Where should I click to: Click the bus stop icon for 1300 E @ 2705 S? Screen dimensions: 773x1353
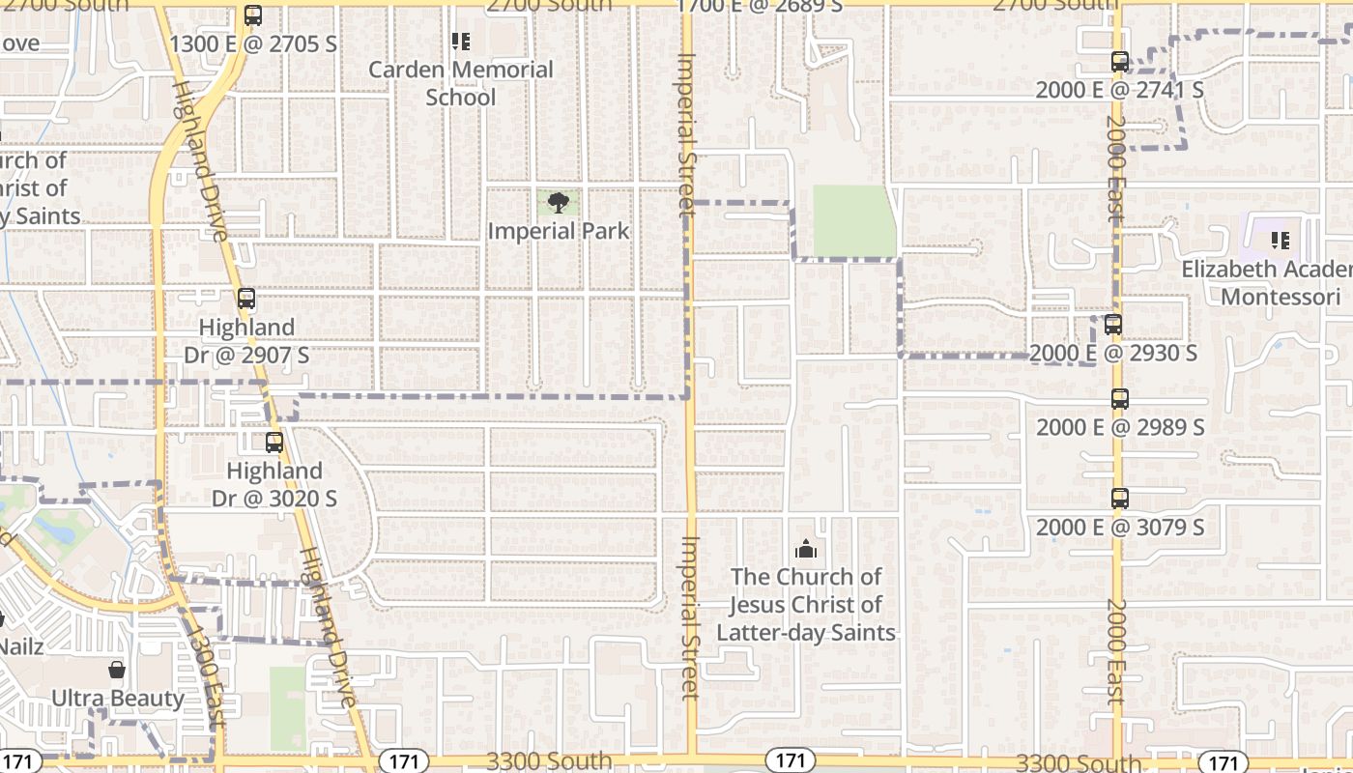[x=253, y=15]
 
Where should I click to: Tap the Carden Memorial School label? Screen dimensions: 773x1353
[x=461, y=83]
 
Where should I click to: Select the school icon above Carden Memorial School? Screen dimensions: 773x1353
[x=461, y=42]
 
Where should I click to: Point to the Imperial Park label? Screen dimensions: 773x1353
[x=558, y=231]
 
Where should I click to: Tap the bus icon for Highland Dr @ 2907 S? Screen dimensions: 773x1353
[x=246, y=299]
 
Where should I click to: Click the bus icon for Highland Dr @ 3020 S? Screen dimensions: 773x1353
[x=274, y=443]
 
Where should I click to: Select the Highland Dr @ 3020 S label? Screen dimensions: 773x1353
[x=274, y=485]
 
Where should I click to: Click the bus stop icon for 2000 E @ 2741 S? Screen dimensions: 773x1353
[x=1120, y=62]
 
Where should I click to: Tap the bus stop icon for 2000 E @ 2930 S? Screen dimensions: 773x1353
[x=1113, y=325]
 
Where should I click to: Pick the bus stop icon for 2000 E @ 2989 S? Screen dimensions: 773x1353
[x=1120, y=398]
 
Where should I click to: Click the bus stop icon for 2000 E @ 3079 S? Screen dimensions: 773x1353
[x=1120, y=499]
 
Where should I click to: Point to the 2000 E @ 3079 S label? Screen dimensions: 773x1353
[x=1120, y=528]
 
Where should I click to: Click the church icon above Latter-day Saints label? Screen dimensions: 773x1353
[x=805, y=550]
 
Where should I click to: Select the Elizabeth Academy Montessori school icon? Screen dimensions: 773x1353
[x=1281, y=240]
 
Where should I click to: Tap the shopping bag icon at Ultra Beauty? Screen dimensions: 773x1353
[x=117, y=670]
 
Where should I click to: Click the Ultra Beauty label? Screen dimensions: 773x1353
[x=117, y=698]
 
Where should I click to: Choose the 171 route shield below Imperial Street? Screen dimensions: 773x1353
[x=790, y=760]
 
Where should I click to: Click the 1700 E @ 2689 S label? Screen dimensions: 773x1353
[x=760, y=7]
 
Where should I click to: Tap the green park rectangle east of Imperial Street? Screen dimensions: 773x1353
[x=854, y=221]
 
